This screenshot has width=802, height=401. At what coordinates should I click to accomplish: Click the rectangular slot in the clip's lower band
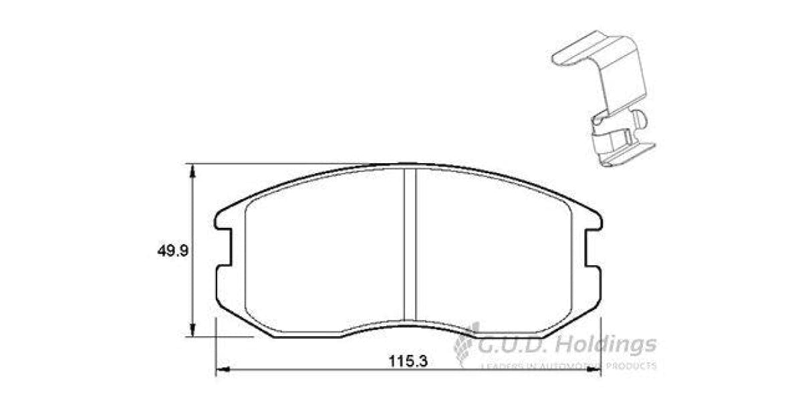626,137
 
